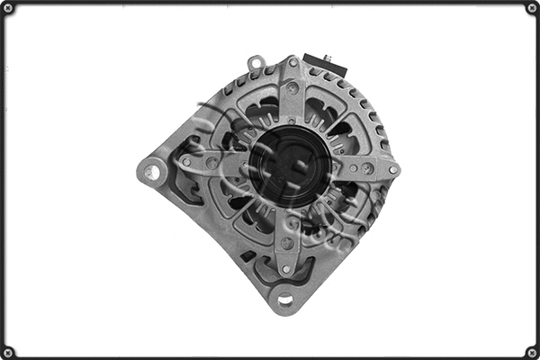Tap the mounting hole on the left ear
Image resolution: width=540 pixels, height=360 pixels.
tap(152, 170)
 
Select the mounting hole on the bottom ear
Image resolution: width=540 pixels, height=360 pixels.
tap(285, 299)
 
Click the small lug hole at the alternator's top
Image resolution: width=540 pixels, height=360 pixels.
tap(256, 64)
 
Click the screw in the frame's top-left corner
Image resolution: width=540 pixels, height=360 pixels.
tap(8, 8)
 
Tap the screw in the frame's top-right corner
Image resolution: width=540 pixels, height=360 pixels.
tap(532, 8)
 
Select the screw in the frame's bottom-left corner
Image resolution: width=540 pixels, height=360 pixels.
tap(8, 352)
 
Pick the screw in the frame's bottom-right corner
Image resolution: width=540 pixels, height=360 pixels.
tap(532, 352)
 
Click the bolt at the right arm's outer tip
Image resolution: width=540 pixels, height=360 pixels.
tap(393, 168)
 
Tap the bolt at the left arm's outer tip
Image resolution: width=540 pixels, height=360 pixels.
tap(185, 162)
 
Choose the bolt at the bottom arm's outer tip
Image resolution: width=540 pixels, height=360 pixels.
tap(285, 268)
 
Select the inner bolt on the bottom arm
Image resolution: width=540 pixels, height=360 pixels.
tap(286, 242)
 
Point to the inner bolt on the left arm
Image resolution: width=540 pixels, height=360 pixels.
tap(211, 163)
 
